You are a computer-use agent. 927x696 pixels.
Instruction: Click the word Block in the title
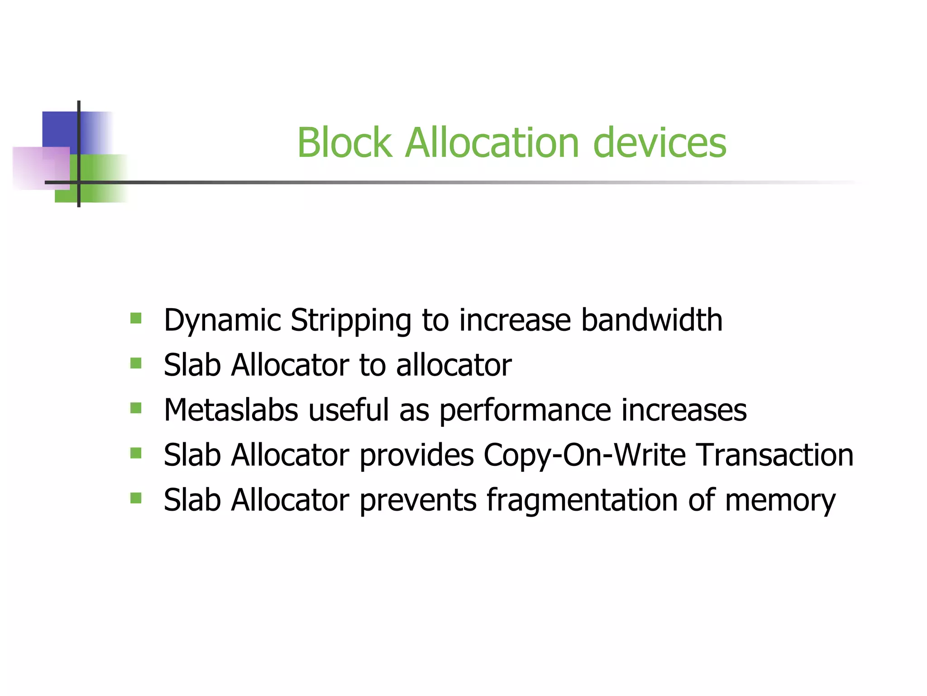coord(344,143)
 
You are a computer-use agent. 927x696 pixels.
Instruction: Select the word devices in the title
coord(659,143)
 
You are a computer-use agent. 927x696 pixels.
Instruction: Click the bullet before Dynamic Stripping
coord(136,318)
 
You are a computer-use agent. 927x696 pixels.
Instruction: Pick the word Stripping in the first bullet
coord(350,321)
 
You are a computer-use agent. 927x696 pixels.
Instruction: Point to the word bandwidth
coord(652,320)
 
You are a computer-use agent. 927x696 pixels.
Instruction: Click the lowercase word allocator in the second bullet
coord(454,365)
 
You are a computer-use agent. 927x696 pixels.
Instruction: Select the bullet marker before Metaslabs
coord(136,408)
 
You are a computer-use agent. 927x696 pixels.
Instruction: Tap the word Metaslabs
coord(231,410)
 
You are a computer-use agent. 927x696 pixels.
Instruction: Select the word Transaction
coord(774,455)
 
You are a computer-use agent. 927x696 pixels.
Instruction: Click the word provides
coord(416,455)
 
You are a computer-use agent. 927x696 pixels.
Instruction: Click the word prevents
coord(418,500)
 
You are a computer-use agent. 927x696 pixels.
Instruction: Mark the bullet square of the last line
coord(136,498)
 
